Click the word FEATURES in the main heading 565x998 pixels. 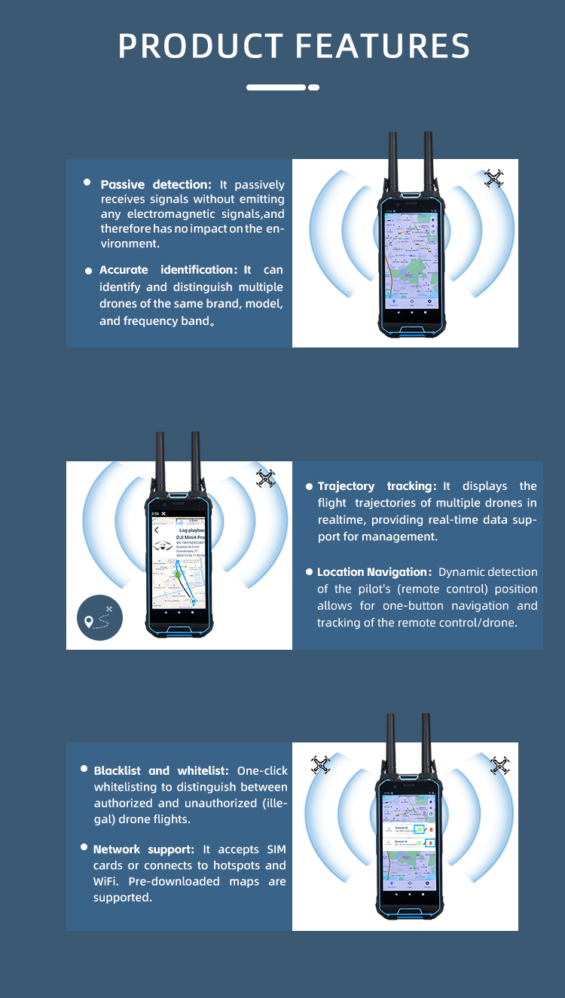coord(383,47)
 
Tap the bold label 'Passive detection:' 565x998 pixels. coord(156,185)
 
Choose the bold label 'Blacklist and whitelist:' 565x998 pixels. coord(161,770)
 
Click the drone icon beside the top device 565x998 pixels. coord(493,179)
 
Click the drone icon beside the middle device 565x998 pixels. coord(265,478)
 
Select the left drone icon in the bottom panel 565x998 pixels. coord(321,765)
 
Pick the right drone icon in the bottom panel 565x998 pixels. coord(499,765)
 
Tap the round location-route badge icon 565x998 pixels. coord(99,618)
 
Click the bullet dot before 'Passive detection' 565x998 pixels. coord(87,183)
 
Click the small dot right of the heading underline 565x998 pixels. coord(314,87)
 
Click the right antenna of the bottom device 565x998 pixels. coord(426,746)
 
